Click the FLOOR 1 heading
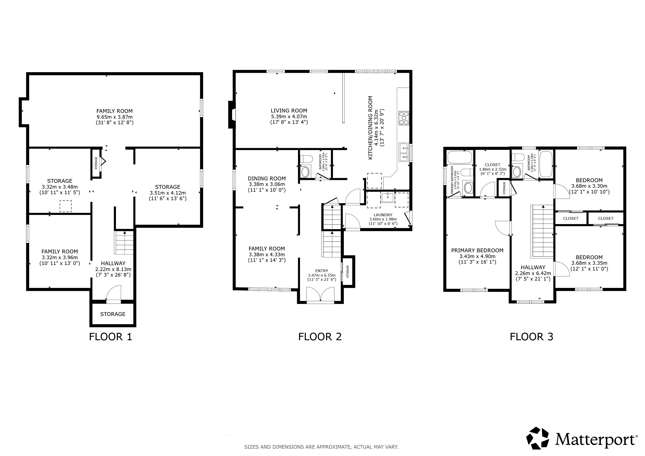[x=110, y=337]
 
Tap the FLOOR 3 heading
[x=531, y=337]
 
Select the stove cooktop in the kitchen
[x=404, y=118]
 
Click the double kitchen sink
[x=404, y=152]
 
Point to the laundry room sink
[x=388, y=197]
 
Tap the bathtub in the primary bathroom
[x=460, y=157]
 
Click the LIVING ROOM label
[x=289, y=111]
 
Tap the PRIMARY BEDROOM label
[x=477, y=250]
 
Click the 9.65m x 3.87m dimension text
[x=115, y=117]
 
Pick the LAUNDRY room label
[x=383, y=215]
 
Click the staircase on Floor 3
[x=542, y=231]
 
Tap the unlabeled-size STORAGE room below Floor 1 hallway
[x=113, y=314]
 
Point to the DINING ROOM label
[x=267, y=179]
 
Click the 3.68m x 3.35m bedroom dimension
[x=589, y=263]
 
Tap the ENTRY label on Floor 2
[x=322, y=271]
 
